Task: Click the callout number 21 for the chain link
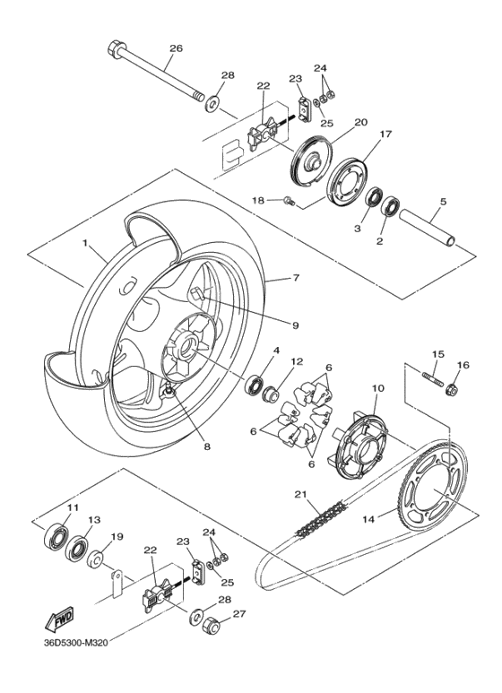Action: coord(299,494)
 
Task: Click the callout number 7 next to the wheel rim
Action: coord(297,280)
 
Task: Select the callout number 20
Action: coord(336,123)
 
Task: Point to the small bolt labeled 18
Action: coord(289,200)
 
